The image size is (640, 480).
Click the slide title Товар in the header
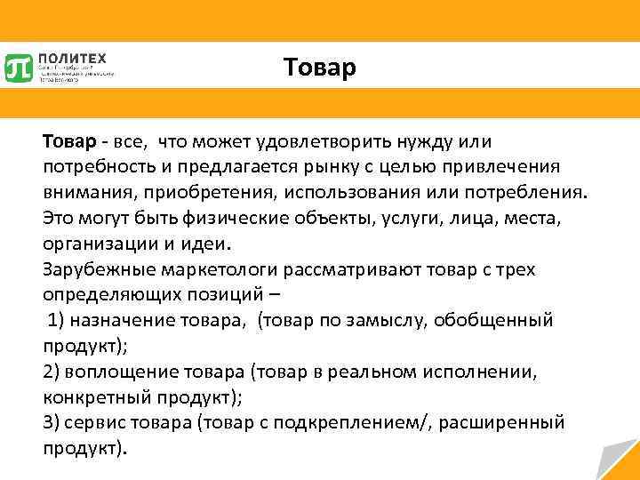point(319,68)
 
